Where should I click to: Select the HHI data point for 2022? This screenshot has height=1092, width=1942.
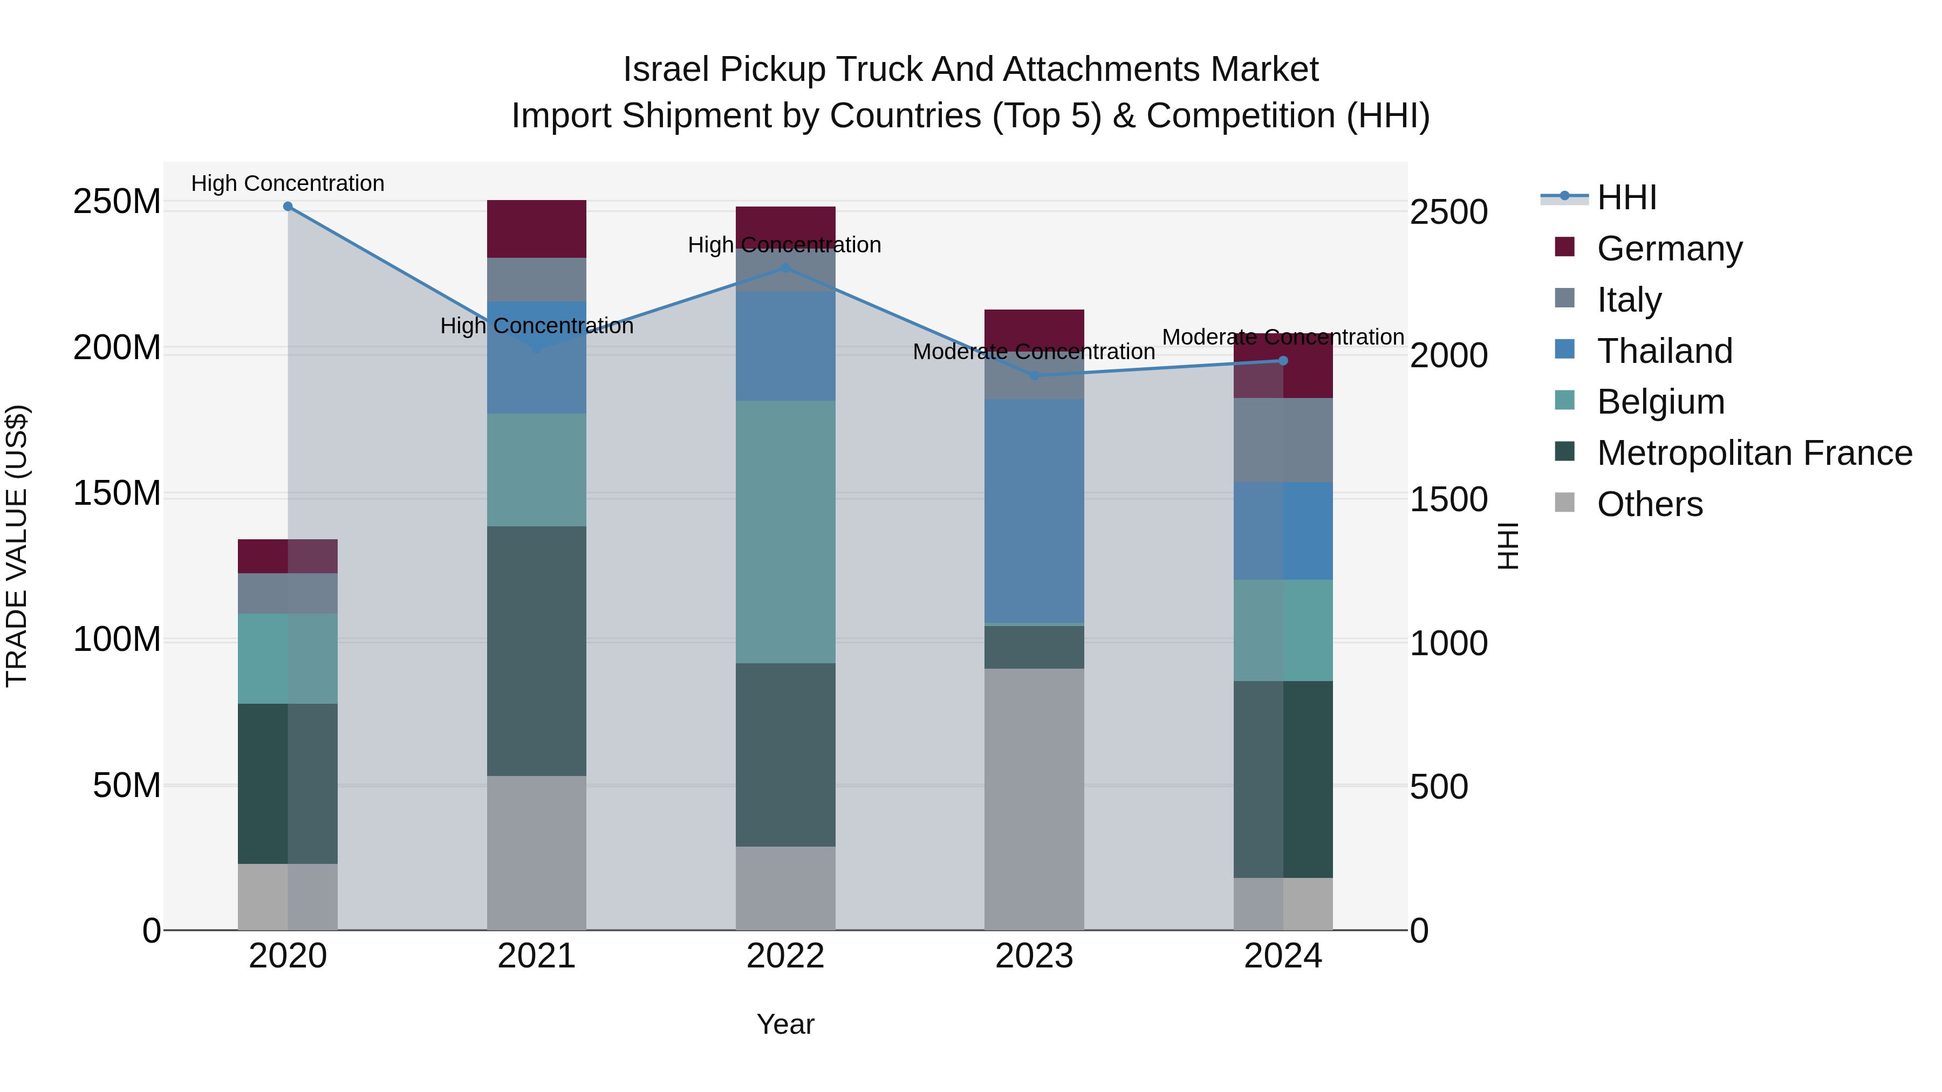pos(785,267)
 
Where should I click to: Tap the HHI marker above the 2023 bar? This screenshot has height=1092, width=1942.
pos(1034,375)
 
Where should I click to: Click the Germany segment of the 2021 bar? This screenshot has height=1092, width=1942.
pos(536,228)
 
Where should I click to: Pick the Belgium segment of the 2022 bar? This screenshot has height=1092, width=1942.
pos(785,531)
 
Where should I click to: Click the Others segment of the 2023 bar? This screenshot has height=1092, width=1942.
pos(1034,799)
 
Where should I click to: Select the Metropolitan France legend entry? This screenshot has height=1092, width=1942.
pos(1754,453)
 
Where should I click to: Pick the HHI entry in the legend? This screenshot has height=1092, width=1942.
pos(1625,197)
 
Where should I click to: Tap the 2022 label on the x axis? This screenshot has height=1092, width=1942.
pos(785,956)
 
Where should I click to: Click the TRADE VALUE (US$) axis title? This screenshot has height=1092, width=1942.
pos(17,546)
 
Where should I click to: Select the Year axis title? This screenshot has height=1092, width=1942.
pos(785,1024)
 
